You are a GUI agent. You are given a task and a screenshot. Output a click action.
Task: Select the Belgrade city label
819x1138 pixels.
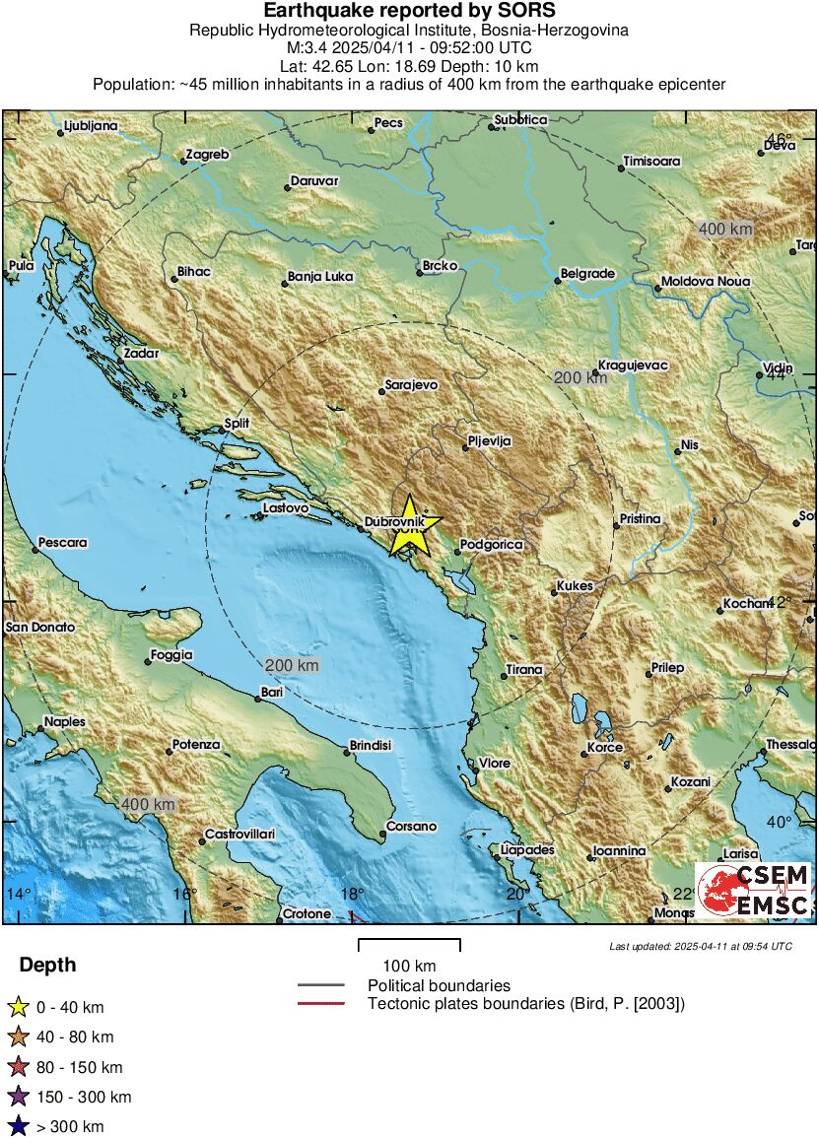[x=587, y=274]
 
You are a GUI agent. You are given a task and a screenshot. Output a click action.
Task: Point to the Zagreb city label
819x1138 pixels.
[x=206, y=155]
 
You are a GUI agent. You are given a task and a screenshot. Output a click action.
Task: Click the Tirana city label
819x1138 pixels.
[x=524, y=670]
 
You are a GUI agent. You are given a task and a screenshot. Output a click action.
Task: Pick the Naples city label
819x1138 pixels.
[x=64, y=722]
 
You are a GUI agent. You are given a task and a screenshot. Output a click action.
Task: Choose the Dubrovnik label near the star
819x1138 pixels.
[x=394, y=520]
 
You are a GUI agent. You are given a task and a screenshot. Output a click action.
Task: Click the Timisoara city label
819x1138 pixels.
[x=651, y=162]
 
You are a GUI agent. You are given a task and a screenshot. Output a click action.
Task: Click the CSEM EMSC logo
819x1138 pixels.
[x=754, y=891]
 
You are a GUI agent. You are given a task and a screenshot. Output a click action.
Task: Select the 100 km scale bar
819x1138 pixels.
[x=409, y=946]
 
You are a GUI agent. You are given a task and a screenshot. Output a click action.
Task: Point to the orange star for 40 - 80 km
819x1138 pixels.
[x=17, y=1037]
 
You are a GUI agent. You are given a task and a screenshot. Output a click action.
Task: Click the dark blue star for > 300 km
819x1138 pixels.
[x=17, y=1126]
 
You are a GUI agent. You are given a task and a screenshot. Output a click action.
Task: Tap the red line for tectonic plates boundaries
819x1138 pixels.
[x=321, y=1004]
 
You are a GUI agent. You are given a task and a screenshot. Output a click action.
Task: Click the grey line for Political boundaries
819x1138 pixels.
[x=321, y=985]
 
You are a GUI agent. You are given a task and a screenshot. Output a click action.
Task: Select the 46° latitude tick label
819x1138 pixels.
[x=780, y=139]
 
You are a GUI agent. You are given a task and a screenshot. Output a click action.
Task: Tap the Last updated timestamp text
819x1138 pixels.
[x=701, y=946]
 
